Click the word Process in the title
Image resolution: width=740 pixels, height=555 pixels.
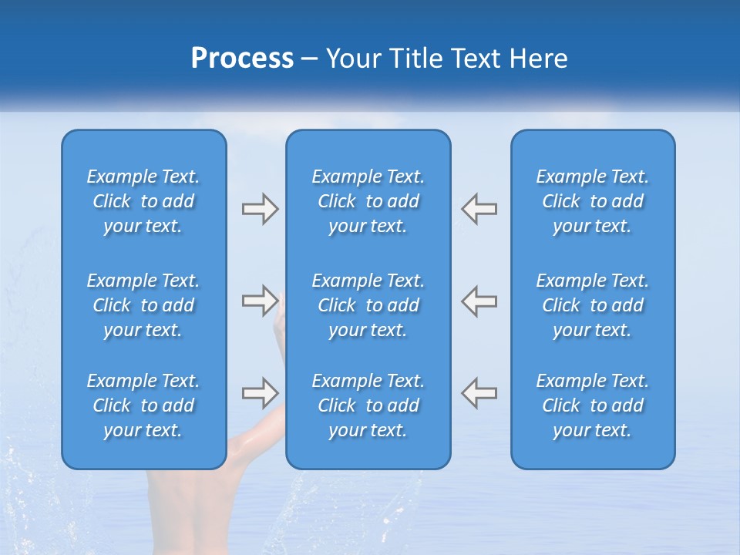coord(242,59)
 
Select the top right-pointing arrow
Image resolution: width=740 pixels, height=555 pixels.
coord(260,209)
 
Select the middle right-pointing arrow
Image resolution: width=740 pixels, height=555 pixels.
coord(260,301)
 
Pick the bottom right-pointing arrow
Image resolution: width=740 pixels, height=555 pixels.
coord(260,392)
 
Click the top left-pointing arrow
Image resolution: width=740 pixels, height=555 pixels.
coord(479,209)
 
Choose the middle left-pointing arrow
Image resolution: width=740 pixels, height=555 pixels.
coord(479,301)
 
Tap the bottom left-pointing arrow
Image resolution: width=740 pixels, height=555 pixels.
coord(479,392)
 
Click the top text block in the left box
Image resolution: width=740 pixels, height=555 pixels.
coord(143,201)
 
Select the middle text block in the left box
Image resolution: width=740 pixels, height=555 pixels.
coord(143,305)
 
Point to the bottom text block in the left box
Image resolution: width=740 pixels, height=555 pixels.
coord(143,405)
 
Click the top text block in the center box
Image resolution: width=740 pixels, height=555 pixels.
coord(368,201)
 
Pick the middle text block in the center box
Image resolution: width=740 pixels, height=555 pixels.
coord(368,305)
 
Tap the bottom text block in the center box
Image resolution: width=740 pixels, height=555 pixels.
coord(368,405)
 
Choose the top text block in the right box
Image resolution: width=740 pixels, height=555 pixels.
coord(592,201)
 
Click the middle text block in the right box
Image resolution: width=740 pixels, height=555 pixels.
coord(592,305)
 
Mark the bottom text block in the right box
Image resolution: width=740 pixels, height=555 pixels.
coord(592,405)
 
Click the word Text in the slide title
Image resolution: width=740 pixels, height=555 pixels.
coord(476,59)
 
